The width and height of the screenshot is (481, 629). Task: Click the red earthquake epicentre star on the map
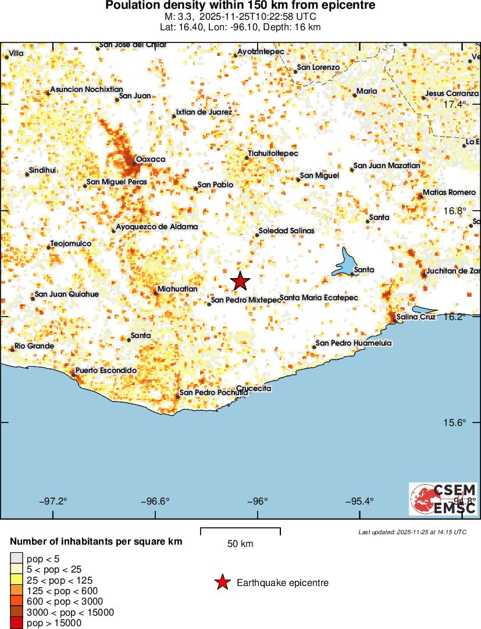[x=240, y=281]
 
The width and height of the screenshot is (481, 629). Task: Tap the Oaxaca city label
[x=150, y=159]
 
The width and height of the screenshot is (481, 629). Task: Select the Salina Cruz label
[x=416, y=317]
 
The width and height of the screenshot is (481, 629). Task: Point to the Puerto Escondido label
[x=106, y=371]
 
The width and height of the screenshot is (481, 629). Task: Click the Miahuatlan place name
[x=178, y=289]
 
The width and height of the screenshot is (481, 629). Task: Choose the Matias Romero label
[x=449, y=193]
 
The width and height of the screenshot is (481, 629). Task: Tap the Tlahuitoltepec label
[x=273, y=154]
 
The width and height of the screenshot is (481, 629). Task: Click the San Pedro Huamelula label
[x=353, y=343]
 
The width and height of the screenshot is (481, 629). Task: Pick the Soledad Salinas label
[x=286, y=231]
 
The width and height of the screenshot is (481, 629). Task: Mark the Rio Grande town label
[x=34, y=346]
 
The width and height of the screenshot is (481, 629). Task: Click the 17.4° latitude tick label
[x=455, y=105]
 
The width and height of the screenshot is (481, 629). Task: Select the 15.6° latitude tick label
[x=455, y=422]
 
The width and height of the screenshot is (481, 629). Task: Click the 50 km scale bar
[x=240, y=531]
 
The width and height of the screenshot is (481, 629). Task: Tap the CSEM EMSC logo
[x=443, y=499]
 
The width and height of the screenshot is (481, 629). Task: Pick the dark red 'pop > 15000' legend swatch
[x=17, y=623]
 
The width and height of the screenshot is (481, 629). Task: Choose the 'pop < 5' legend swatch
[x=17, y=560]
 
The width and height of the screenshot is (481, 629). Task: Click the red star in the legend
[x=222, y=582]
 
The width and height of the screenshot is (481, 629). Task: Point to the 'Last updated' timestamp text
[x=412, y=532]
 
